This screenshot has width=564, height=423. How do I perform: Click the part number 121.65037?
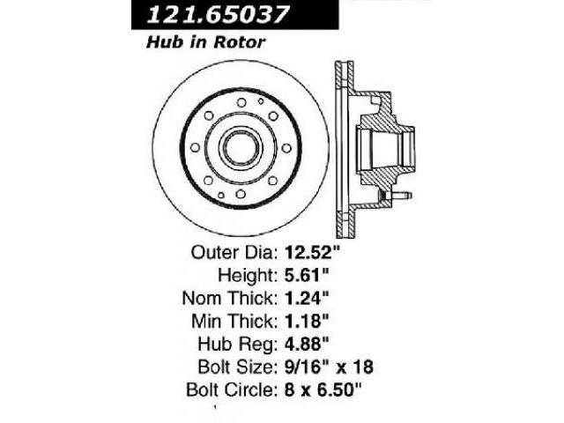pos(218,15)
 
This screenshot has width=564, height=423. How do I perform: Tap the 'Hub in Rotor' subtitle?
pos(205,42)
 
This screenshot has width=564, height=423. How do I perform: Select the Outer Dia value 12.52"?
pos(312,252)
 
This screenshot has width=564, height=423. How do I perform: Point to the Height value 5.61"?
pos(307,275)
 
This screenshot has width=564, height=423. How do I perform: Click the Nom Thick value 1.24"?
pos(307,298)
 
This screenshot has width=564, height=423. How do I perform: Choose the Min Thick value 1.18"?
pos(307,321)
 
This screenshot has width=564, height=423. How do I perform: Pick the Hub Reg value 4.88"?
pos(307,345)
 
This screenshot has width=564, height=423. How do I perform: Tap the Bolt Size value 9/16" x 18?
pos(329,367)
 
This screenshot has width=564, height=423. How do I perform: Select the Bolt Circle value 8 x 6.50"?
pos(323,390)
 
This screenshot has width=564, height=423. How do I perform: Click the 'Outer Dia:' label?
pos(234,253)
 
